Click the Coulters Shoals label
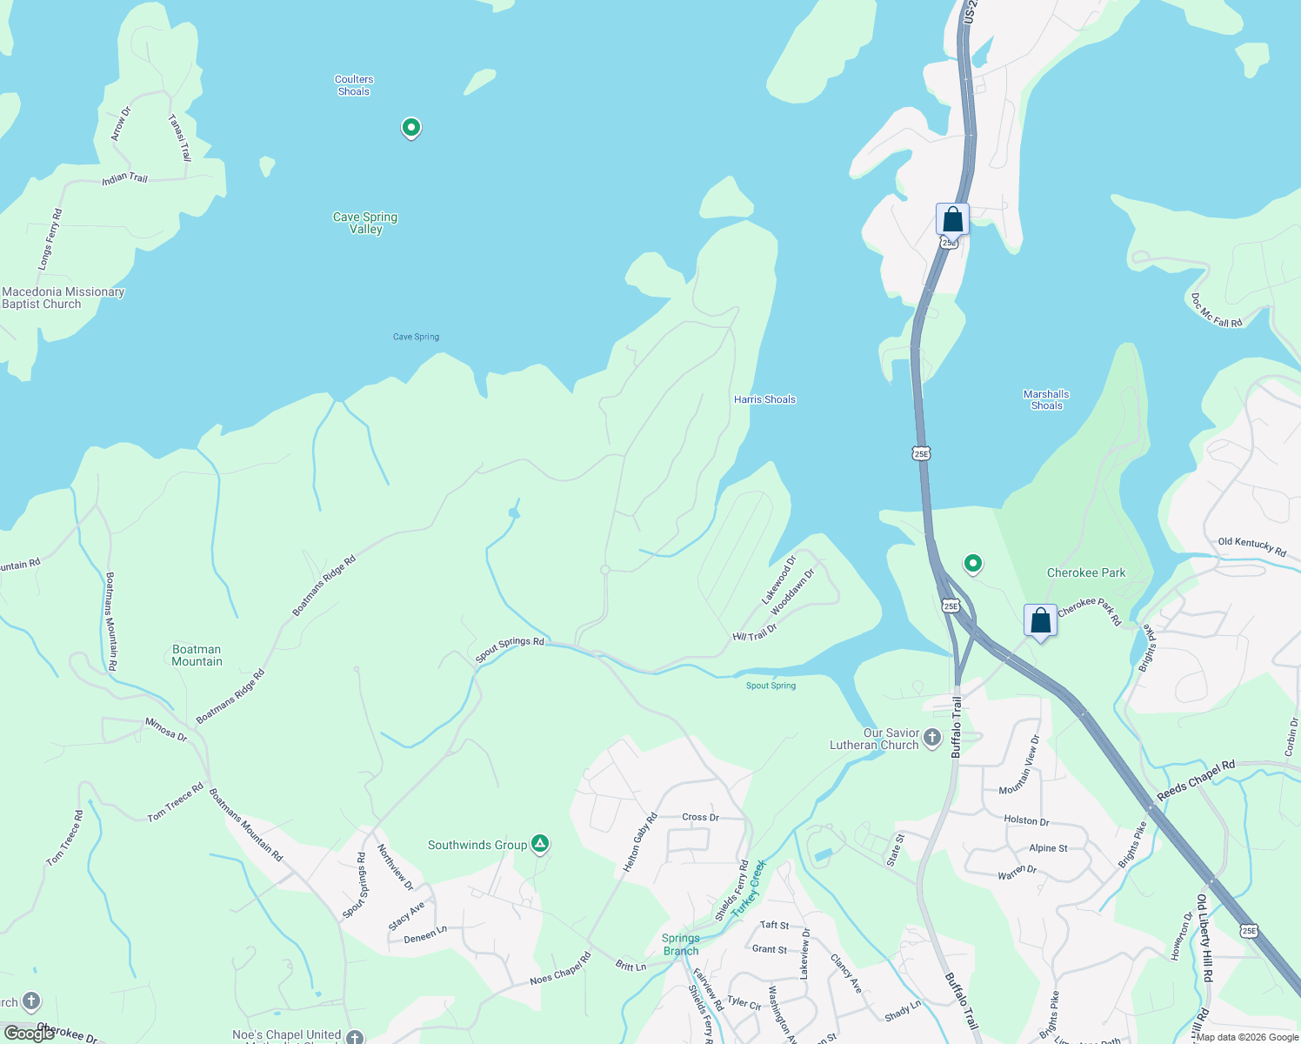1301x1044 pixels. [x=354, y=85]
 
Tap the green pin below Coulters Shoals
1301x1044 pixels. [x=410, y=128]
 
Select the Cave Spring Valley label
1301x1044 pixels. [x=365, y=224]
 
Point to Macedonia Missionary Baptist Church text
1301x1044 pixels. [x=63, y=298]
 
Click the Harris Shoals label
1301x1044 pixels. [x=764, y=400]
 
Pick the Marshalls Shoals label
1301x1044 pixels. [x=1046, y=400]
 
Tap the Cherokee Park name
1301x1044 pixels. [x=1086, y=573]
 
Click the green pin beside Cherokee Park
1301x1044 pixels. [x=973, y=564]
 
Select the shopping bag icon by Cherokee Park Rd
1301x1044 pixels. [x=1040, y=621]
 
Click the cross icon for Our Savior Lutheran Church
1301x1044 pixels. [x=931, y=739]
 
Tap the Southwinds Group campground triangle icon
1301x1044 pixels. [x=540, y=843]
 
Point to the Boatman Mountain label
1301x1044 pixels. [x=197, y=656]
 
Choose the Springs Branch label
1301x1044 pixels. [x=680, y=945]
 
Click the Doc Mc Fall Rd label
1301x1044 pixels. [x=1216, y=311]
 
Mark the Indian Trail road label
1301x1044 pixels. [x=125, y=178]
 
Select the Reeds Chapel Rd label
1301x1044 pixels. [x=1196, y=781]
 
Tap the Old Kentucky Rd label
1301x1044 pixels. [x=1251, y=546]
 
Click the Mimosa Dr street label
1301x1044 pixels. [x=165, y=729]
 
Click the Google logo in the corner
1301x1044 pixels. [x=29, y=1034]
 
